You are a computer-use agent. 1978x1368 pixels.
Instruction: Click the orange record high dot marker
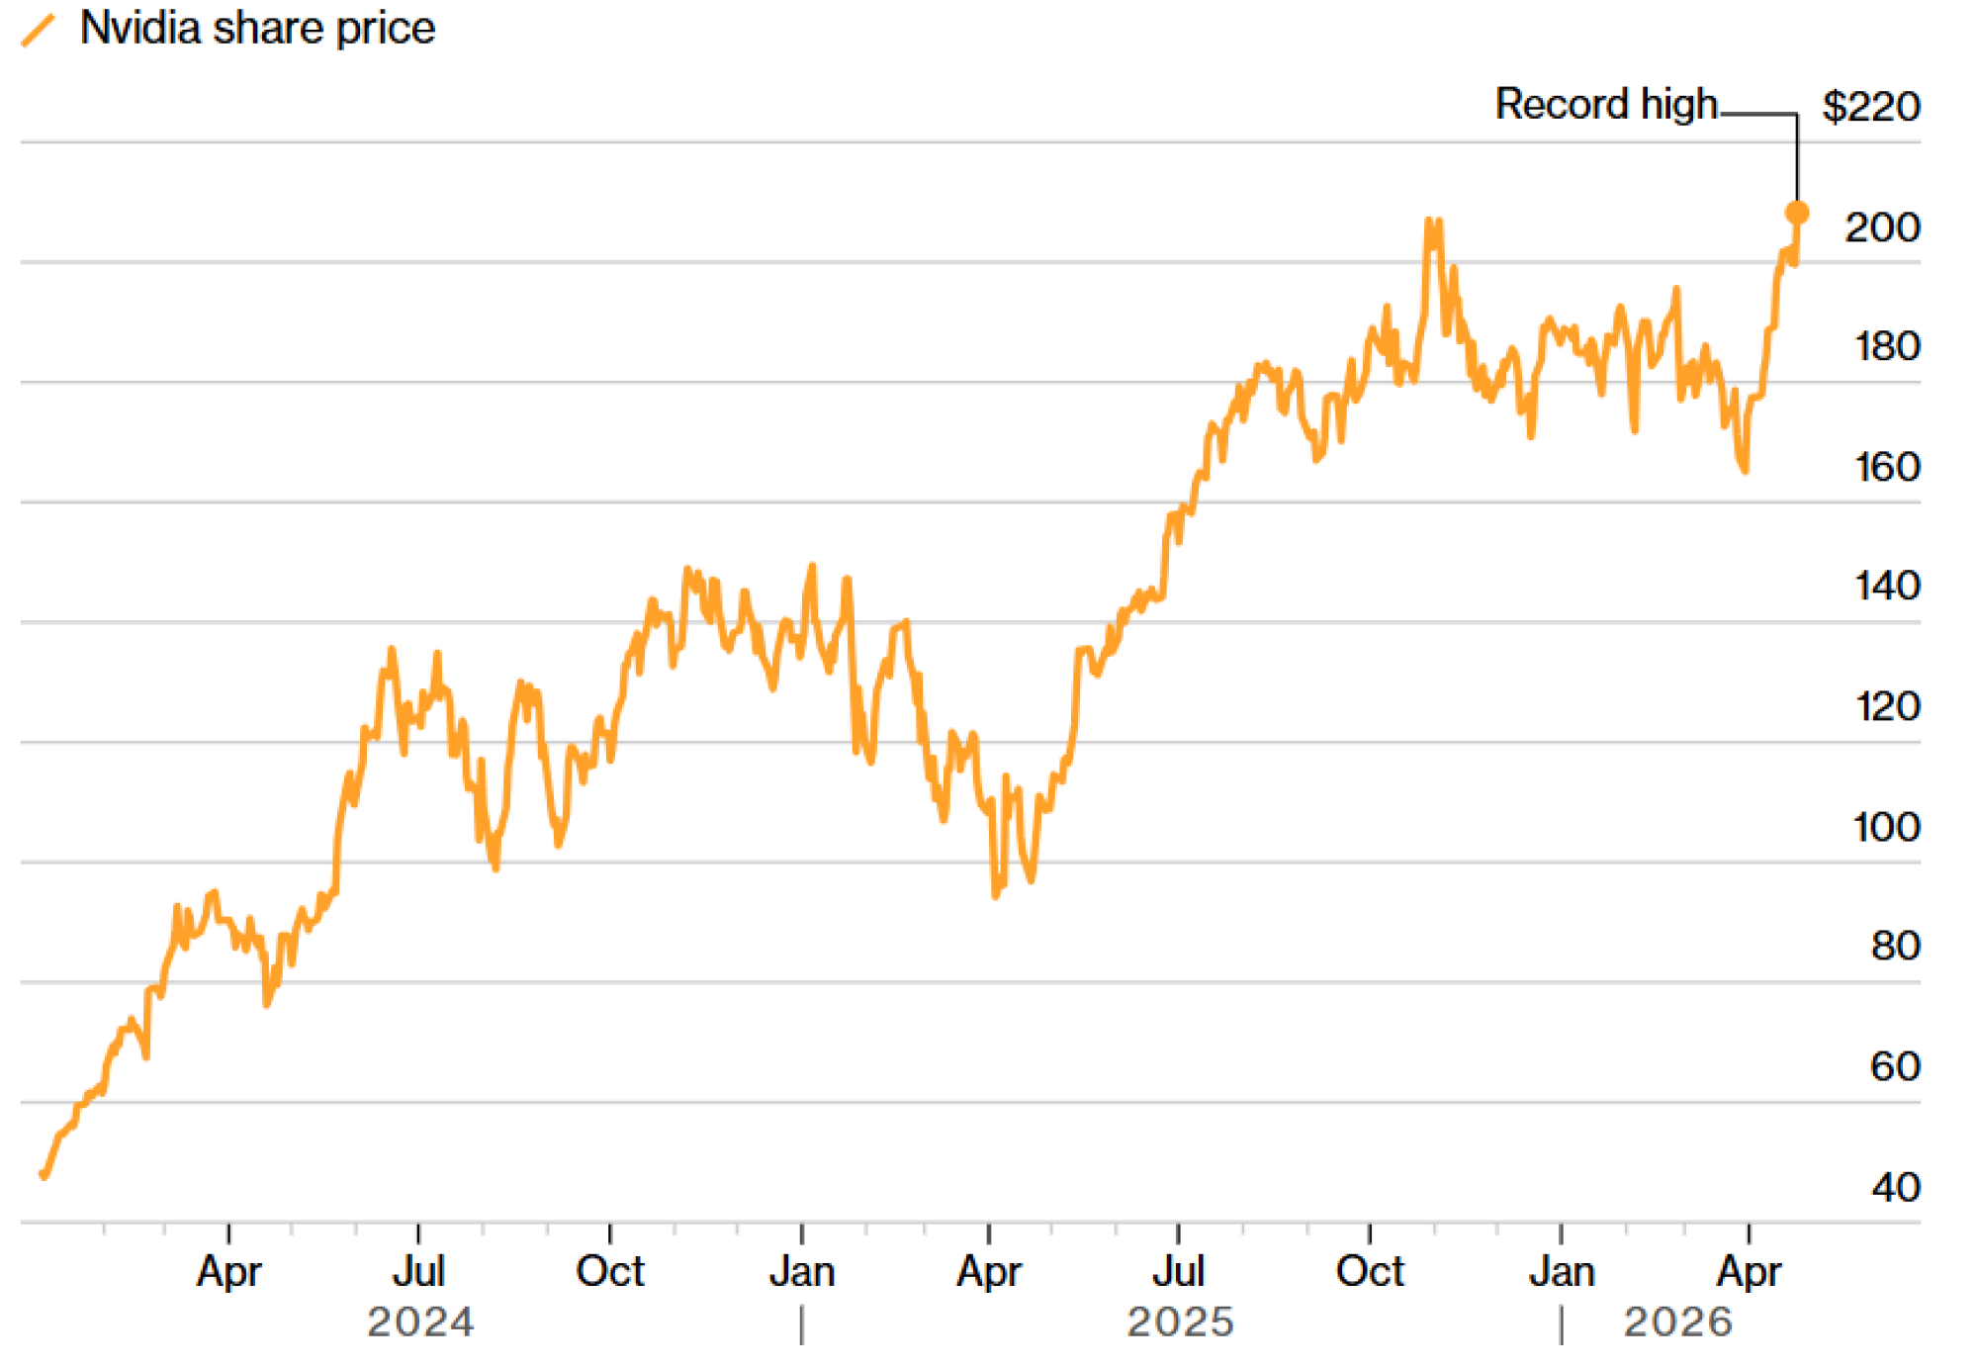(1797, 213)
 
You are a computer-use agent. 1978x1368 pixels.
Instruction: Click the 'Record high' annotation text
(1605, 104)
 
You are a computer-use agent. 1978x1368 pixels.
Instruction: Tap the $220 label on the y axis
(1870, 106)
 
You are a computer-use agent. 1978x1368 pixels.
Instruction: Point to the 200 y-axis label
(1882, 228)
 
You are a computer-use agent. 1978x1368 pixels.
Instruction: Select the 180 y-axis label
(1887, 346)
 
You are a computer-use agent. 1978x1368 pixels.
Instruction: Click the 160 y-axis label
(1887, 467)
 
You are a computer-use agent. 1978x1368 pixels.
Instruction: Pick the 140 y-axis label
(1887, 586)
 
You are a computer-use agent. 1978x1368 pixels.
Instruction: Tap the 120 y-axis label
(1887, 706)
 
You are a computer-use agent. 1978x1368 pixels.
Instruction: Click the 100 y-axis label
(1886, 827)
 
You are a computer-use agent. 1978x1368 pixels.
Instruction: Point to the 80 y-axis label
(1895, 946)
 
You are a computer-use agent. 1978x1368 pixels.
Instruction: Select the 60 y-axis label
(1895, 1066)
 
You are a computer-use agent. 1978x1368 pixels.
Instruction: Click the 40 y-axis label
(1895, 1187)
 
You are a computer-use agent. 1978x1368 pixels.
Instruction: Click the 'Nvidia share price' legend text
(257, 28)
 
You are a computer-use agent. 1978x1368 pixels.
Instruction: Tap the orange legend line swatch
(39, 30)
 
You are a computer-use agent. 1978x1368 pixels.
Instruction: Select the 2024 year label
(420, 1322)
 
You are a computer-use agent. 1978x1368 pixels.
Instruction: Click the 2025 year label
(1180, 1322)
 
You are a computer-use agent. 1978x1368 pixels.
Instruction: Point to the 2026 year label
(1677, 1322)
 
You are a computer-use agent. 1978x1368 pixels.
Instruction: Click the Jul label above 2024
(418, 1271)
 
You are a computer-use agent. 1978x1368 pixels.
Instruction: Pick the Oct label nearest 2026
(1370, 1271)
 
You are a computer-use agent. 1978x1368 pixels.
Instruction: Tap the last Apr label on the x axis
(1749, 1271)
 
